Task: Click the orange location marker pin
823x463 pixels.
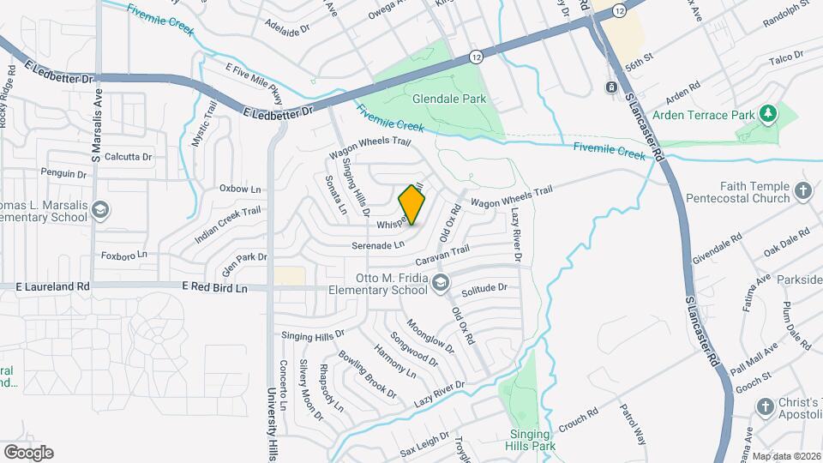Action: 412,205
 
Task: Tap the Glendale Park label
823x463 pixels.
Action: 449,99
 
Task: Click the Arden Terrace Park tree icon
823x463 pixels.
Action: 769,113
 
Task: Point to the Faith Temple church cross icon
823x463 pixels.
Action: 803,191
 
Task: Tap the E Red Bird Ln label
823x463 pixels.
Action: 214,289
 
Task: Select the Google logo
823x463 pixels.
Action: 28,452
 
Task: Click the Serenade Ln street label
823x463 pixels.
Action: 377,245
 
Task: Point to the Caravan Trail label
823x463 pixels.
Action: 442,254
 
